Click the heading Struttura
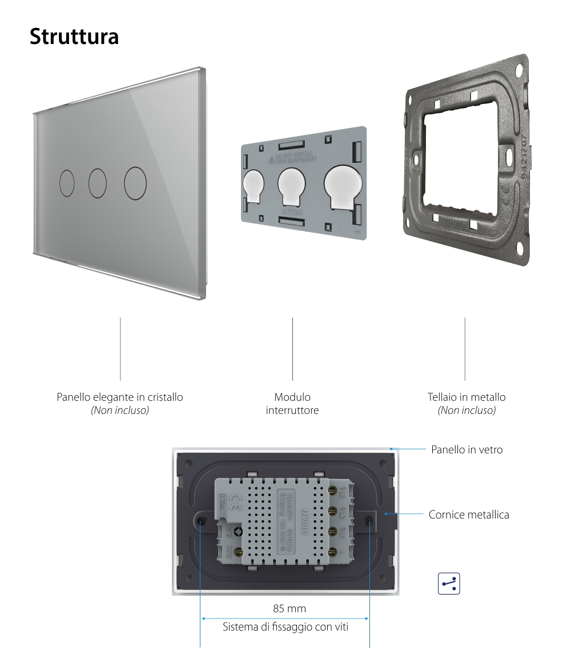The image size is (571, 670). tap(74, 36)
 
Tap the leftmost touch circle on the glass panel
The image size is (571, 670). tap(67, 184)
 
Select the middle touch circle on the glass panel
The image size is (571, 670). tap(98, 184)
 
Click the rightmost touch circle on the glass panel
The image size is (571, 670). tap(135, 184)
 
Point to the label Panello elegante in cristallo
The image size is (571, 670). tap(120, 397)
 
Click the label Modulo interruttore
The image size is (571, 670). tap(292, 404)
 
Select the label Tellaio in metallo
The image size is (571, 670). tap(466, 397)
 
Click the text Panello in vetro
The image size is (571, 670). tap(467, 450)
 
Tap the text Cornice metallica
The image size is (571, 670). tap(469, 515)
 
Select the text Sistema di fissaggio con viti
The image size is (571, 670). tap(285, 627)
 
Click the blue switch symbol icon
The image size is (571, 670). tap(448, 584)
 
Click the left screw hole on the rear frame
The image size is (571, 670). tap(202, 521)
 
